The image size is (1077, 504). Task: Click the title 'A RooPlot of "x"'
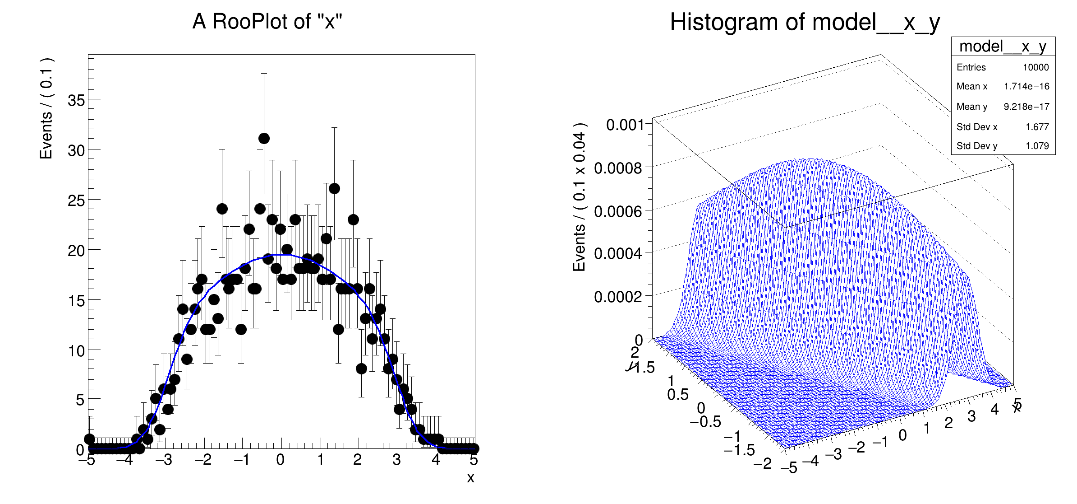point(267,21)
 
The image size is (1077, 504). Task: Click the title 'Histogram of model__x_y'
point(805,22)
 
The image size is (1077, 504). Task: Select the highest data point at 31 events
point(264,138)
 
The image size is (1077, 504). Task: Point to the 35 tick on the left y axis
point(76,100)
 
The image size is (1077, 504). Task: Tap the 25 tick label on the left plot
point(76,201)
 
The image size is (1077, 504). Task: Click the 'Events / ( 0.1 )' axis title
point(46,108)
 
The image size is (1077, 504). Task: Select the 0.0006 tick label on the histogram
point(618,211)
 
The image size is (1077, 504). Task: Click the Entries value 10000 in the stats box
point(1036,67)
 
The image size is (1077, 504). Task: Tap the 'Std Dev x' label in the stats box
point(977,127)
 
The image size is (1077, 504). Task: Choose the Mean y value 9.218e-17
point(1026,107)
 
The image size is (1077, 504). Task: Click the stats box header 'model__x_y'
point(1003,47)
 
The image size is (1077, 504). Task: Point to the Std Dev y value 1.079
point(1037,146)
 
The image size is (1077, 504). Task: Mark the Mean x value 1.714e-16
point(1026,86)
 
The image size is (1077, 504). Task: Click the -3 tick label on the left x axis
point(164,460)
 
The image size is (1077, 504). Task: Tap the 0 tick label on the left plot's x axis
point(280,460)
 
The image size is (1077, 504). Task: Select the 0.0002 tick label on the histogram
point(618,297)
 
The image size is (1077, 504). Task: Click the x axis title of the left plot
point(470,478)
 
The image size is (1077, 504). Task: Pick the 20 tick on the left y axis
point(76,251)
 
